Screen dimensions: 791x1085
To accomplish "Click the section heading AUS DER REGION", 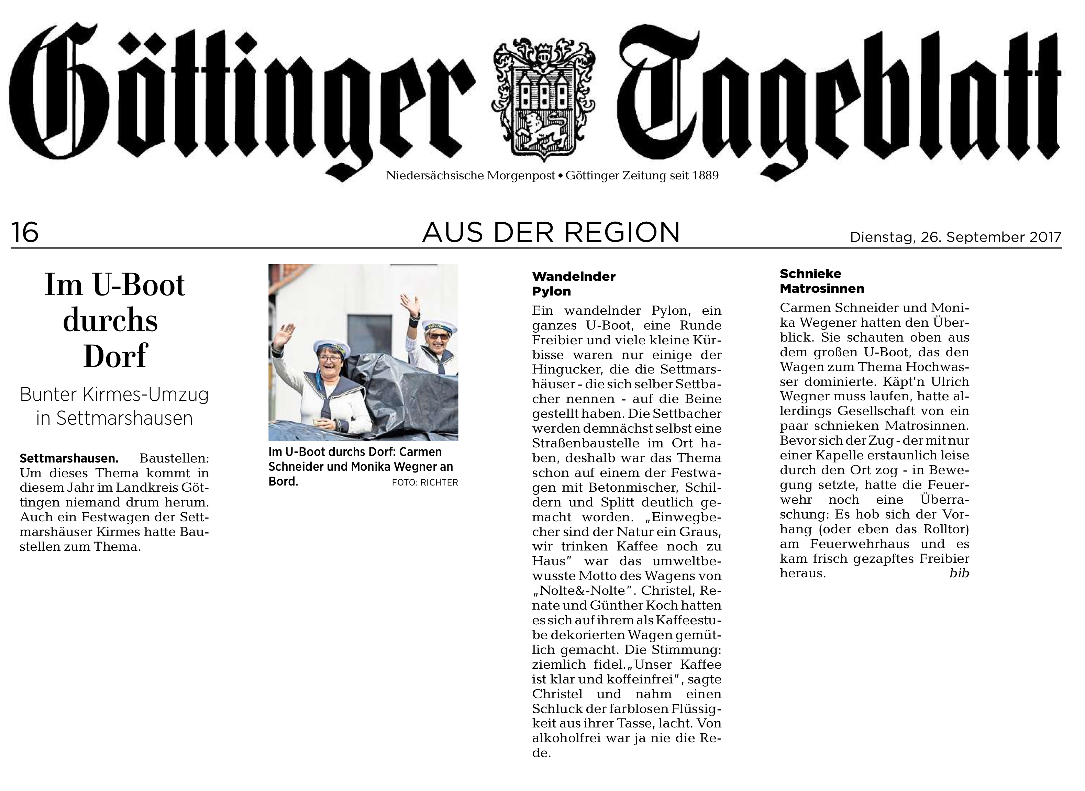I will click(x=551, y=233).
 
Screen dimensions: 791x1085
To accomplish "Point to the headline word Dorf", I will click(x=115, y=356).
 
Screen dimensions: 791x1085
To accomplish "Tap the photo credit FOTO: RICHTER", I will click(x=425, y=483).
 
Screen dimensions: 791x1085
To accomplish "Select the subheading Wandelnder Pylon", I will click(x=574, y=284).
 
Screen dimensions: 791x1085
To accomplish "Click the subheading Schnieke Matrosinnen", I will click(x=822, y=281).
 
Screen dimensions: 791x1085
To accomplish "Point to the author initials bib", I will click(x=959, y=573).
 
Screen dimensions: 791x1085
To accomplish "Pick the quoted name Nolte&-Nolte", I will click(x=580, y=591).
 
